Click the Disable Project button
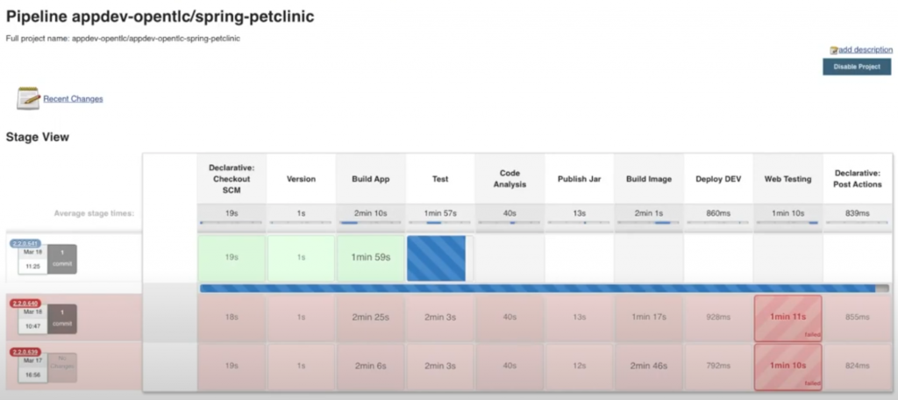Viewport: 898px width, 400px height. coord(857,67)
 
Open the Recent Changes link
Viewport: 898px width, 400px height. coord(73,99)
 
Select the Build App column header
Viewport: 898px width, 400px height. coord(370,179)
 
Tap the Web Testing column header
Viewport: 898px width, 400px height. coord(788,179)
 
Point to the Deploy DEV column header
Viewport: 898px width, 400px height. coord(718,179)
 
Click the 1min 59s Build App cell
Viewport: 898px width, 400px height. coord(370,258)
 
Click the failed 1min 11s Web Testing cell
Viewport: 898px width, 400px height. coord(788,318)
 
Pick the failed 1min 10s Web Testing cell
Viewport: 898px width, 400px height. coord(788,366)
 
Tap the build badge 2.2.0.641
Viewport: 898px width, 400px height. coord(25,243)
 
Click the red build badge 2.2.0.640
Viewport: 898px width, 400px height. coord(25,304)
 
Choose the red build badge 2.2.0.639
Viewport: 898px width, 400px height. coord(25,352)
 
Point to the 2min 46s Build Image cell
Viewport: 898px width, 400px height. coord(648,366)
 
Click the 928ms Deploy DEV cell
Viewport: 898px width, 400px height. coord(718,318)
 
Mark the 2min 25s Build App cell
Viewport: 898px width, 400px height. coord(370,318)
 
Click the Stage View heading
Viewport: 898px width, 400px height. coord(38,138)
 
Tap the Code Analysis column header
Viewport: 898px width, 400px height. coord(510,179)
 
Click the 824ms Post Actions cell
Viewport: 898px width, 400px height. coord(857,366)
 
